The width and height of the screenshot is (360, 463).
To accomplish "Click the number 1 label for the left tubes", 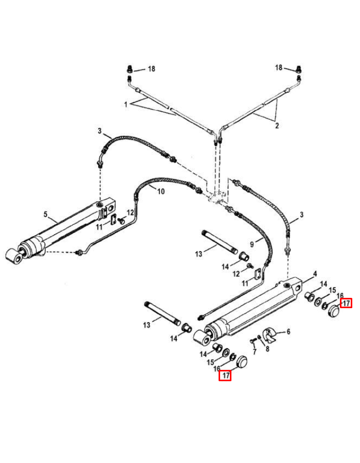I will point(125,104).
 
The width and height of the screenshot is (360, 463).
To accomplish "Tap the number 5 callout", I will point(46,215).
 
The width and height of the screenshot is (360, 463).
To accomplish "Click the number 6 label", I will point(288,332).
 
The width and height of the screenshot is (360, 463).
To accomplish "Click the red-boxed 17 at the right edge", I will point(347,303).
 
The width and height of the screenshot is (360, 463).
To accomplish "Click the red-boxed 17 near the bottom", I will point(225,376).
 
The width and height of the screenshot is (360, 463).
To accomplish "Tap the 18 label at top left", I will point(151,68).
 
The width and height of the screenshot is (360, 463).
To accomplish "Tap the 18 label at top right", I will point(279,67).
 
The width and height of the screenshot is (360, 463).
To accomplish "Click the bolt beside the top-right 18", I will point(299,68).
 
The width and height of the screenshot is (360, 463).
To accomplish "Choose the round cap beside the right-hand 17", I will point(335,311).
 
